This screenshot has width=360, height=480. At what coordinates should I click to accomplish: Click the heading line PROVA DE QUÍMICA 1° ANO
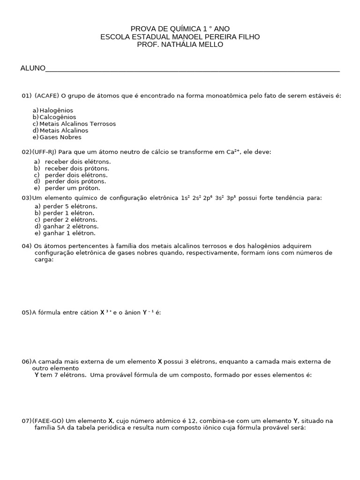(x=180, y=29)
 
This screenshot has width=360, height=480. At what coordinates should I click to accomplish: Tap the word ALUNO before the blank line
(x=33, y=68)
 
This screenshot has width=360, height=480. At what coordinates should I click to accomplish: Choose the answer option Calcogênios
(x=58, y=117)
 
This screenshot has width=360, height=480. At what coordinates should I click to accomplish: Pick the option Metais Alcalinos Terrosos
(x=77, y=124)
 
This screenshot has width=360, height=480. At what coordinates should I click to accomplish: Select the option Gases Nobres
(x=60, y=137)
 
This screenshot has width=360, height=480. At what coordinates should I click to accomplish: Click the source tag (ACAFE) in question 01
(x=47, y=96)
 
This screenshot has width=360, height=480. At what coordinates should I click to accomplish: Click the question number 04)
(x=27, y=246)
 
